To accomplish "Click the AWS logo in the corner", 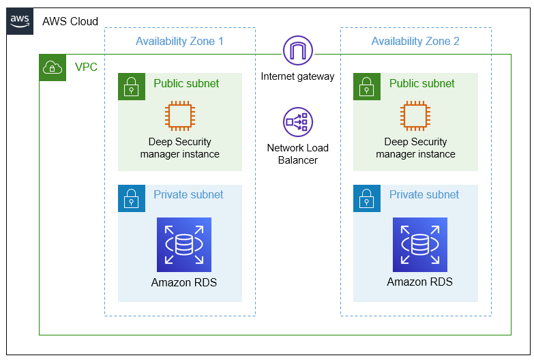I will pyautogui.click(x=20, y=21).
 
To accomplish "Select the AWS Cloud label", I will pyautogui.click(x=70, y=21).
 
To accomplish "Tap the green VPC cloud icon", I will pyautogui.click(x=53, y=67).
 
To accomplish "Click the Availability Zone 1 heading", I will pyautogui.click(x=179, y=41).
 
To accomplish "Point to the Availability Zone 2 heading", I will pyautogui.click(x=415, y=41).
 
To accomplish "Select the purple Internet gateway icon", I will pyautogui.click(x=297, y=50).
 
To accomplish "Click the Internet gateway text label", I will pyautogui.click(x=297, y=76).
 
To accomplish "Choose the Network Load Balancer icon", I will pyautogui.click(x=297, y=121).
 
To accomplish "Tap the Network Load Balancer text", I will pyautogui.click(x=297, y=154).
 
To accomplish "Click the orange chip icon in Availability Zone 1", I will pyautogui.click(x=180, y=115).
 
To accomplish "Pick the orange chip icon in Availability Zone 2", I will pyautogui.click(x=415, y=115).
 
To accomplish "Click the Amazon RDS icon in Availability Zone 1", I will pyautogui.click(x=184, y=245).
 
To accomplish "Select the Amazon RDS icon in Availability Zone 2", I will pyautogui.click(x=419, y=245).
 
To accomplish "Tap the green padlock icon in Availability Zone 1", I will pyautogui.click(x=132, y=87).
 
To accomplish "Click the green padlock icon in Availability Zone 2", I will pyautogui.click(x=367, y=87).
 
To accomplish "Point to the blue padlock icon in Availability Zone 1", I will pyautogui.click(x=132, y=198).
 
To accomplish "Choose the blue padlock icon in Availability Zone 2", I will pyautogui.click(x=367, y=198).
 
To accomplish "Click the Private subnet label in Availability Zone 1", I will pyautogui.click(x=188, y=194).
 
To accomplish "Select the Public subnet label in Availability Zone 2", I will pyautogui.click(x=421, y=83).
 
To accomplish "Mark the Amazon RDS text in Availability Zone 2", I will pyautogui.click(x=419, y=282).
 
